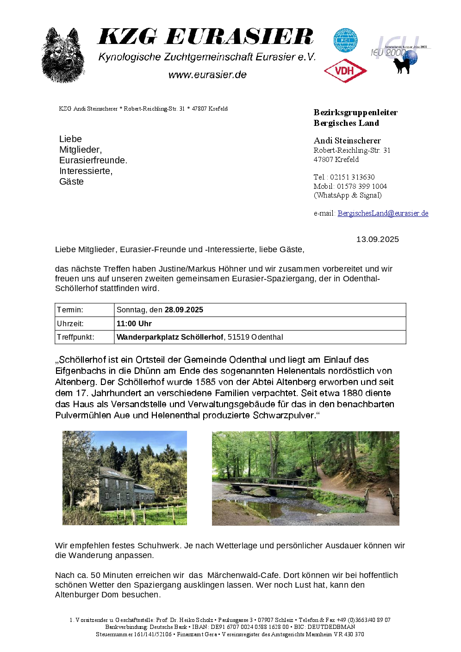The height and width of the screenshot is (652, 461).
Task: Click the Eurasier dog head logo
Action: [63, 56]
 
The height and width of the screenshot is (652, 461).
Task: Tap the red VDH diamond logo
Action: [345, 71]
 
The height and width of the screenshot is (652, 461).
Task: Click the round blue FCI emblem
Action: [345, 40]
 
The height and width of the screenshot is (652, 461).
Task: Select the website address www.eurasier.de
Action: [207, 75]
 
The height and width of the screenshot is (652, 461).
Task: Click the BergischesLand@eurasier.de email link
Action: [383, 213]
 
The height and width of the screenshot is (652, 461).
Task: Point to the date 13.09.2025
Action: [377, 239]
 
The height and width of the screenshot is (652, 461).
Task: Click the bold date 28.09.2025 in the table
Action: [184, 310]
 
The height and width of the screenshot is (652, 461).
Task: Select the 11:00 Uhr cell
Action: [134, 323]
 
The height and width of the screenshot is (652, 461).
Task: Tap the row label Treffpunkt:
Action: [75, 337]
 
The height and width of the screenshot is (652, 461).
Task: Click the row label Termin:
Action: [70, 310]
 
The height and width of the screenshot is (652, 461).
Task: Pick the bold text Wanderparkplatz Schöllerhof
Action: [170, 337]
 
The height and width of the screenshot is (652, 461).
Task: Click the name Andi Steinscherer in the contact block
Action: [347, 141]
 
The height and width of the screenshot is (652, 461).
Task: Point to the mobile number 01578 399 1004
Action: [362, 186]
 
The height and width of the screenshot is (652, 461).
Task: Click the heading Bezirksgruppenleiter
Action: [355, 112]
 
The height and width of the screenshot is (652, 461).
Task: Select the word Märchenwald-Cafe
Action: [243, 575]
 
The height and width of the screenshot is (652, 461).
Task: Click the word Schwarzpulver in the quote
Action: [283, 415]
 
